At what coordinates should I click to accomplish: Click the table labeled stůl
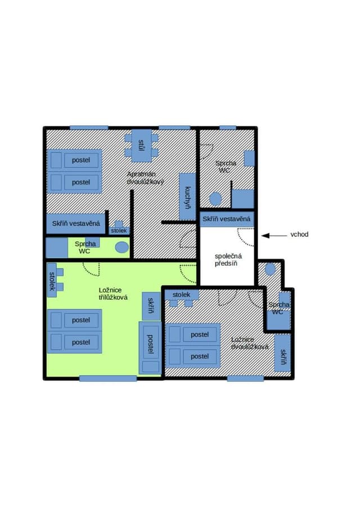point(141,146)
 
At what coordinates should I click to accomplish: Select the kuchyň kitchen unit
point(187,197)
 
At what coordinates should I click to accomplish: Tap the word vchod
point(299,235)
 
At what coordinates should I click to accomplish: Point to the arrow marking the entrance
point(274,235)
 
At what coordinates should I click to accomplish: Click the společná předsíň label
point(228,260)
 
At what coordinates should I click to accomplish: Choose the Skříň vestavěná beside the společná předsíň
point(227,219)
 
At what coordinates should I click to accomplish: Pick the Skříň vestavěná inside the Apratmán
point(76,223)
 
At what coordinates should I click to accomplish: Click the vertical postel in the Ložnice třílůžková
point(150,348)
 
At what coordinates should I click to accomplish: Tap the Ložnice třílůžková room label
point(113,294)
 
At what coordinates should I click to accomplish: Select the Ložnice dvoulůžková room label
point(250,344)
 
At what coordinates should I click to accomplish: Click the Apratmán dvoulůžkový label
point(145,178)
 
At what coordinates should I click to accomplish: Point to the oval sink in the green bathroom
point(121,247)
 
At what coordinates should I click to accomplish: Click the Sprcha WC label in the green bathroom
point(85,247)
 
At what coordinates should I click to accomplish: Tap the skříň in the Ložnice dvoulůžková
point(283,353)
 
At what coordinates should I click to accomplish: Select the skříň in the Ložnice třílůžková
point(151,306)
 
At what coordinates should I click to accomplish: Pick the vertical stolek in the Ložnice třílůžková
point(52,280)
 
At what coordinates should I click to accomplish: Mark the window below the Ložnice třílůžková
point(108,379)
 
